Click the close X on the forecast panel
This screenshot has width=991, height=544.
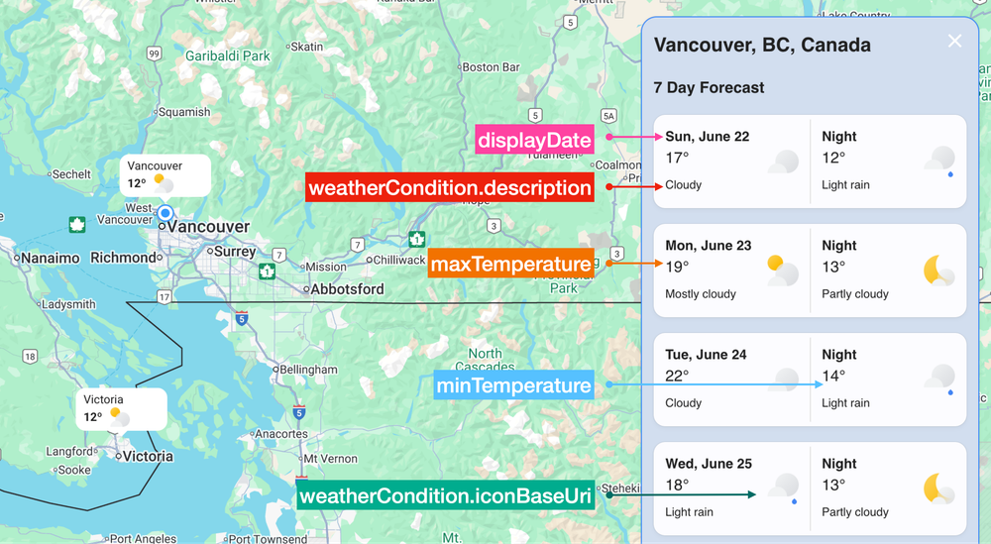click(954, 42)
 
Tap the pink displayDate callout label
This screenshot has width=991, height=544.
click(534, 140)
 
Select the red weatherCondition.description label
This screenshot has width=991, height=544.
click(450, 187)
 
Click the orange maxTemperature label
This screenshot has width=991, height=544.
click(510, 265)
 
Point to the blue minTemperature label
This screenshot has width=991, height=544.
click(514, 385)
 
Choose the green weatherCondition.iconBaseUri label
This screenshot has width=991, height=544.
click(444, 495)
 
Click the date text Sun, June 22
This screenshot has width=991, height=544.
click(708, 137)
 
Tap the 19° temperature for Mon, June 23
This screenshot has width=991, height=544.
click(677, 267)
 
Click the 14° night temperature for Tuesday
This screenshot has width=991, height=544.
click(833, 376)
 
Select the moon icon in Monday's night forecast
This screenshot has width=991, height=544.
click(936, 270)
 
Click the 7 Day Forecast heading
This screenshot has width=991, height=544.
click(709, 88)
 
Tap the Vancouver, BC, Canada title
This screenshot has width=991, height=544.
click(762, 46)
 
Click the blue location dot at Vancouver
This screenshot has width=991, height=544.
click(165, 213)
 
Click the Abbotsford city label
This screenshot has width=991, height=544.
click(347, 289)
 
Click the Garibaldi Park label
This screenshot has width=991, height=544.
click(228, 56)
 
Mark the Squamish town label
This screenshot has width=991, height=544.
click(184, 112)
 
